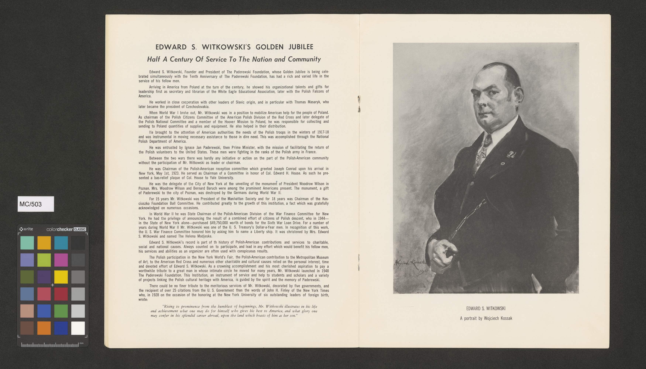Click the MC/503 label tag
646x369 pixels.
tap(36, 204)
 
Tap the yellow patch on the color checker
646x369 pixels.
tap(61, 277)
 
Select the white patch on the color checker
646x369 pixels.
tap(78, 328)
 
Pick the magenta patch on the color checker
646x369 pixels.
tap(61, 260)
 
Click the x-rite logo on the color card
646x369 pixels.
tap(26, 229)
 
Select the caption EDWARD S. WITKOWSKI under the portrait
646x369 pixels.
tap(486, 308)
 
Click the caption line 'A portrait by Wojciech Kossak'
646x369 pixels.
tap(486, 318)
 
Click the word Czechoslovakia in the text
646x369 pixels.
tap(197, 107)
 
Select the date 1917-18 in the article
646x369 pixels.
tap(323, 132)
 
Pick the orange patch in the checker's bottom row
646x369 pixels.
tap(44, 328)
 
